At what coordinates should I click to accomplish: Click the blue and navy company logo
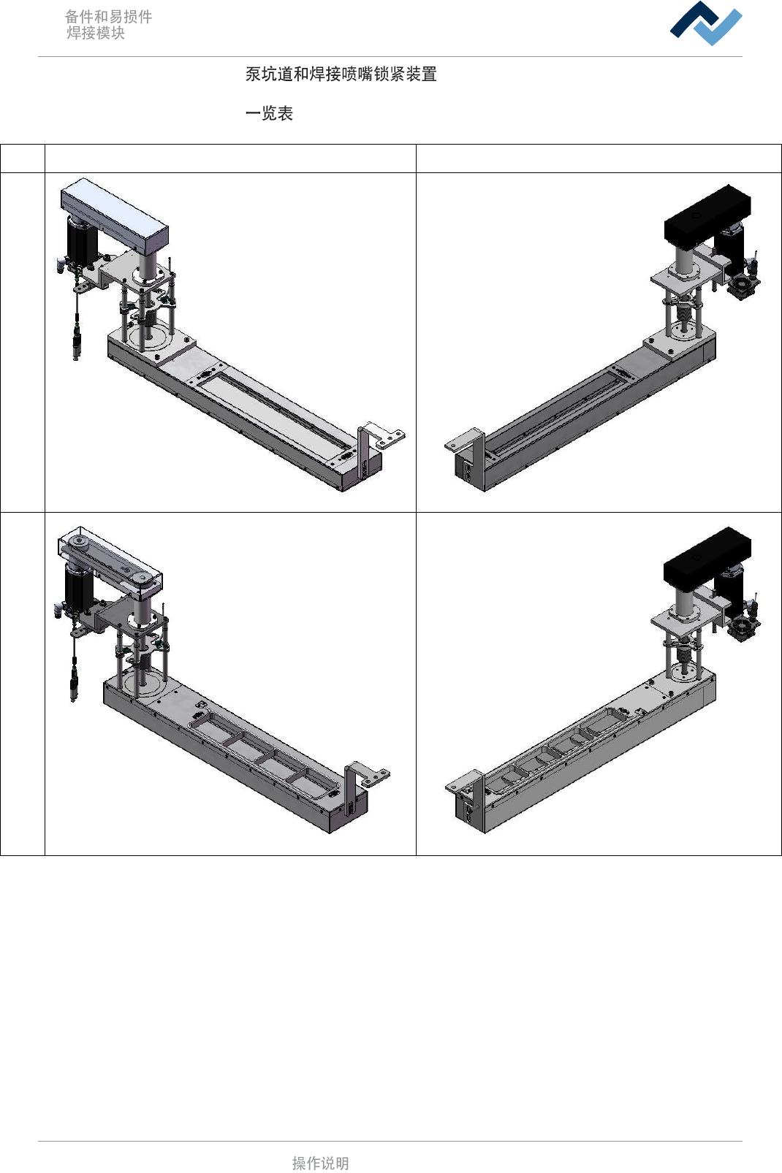tap(705, 23)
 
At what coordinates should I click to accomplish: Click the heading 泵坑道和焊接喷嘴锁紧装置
tap(341, 74)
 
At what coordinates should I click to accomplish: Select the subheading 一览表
tap(269, 113)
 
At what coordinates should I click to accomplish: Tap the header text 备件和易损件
tap(108, 17)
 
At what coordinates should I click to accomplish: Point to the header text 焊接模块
tap(96, 33)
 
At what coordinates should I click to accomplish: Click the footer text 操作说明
tap(320, 1163)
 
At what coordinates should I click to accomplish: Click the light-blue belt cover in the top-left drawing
tap(115, 214)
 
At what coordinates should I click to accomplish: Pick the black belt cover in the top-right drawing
tap(707, 215)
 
